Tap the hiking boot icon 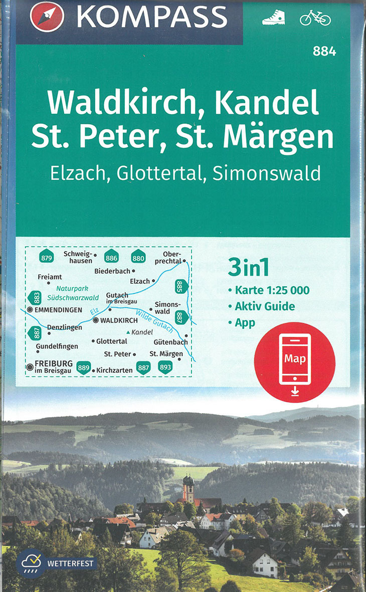[273, 18]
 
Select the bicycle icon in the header [315, 18]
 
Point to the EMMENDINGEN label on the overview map [58, 310]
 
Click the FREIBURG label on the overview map [54, 363]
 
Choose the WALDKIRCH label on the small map [119, 320]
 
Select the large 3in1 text [249, 268]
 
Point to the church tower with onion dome [188, 488]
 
